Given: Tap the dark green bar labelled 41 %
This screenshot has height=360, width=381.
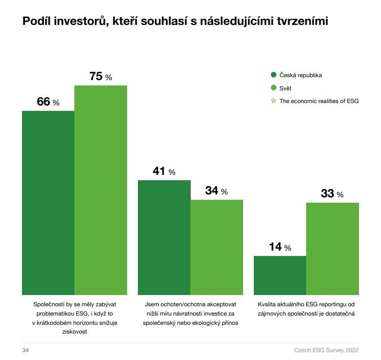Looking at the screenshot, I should tap(164, 236).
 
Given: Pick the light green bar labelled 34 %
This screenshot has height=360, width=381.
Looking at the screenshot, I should tap(217, 246).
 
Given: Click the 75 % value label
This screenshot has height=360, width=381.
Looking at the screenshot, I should tap(101, 77).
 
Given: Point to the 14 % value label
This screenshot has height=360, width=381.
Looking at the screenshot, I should tap(280, 247).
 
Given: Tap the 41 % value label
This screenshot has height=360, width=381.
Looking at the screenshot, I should tap(164, 171).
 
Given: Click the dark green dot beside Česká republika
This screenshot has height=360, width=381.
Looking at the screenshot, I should tap(274, 75).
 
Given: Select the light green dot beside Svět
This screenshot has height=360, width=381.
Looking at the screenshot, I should tap(274, 88).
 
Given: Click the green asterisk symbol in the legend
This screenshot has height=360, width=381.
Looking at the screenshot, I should tap(274, 101).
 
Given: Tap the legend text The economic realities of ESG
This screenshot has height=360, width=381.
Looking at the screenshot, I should tap(319, 101).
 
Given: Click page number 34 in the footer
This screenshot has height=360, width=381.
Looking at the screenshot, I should tap(26, 350).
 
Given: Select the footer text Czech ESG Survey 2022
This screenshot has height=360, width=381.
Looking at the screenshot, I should tap(326, 350).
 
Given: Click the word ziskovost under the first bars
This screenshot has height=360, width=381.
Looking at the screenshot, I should tap(74, 332).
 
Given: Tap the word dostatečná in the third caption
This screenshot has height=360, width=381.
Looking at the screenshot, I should tap(337, 313).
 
